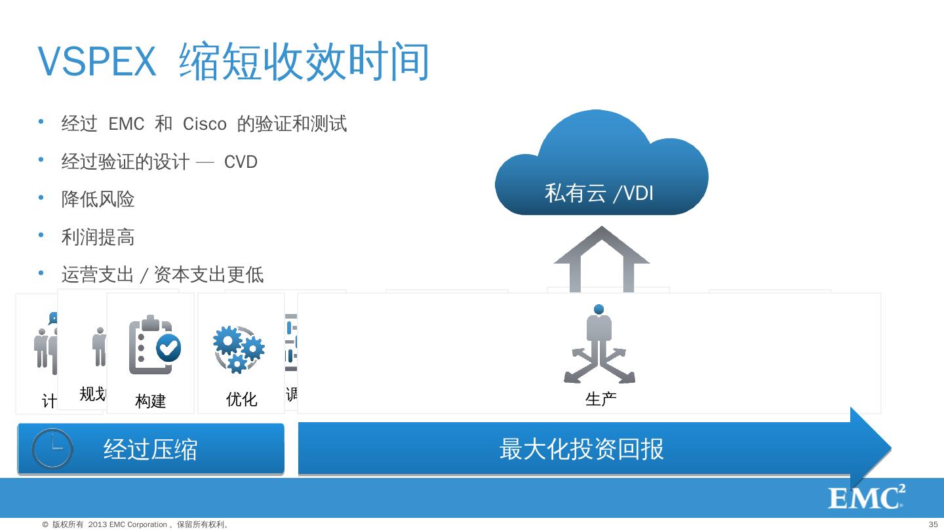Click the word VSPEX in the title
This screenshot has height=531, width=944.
pyautogui.click(x=97, y=62)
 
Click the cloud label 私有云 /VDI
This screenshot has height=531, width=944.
pyautogui.click(x=599, y=193)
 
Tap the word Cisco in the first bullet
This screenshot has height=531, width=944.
pyautogui.click(x=205, y=124)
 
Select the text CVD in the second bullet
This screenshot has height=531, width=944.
pyautogui.click(x=241, y=162)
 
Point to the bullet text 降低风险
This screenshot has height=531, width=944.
pyautogui.click(x=98, y=199)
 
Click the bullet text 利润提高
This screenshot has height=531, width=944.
pyautogui.click(x=98, y=237)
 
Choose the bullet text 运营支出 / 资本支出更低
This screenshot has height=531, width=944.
pyautogui.click(x=162, y=275)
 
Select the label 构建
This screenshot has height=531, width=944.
pyautogui.click(x=151, y=401)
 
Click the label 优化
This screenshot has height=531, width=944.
pyautogui.click(x=241, y=399)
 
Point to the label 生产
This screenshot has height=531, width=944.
pyautogui.click(x=600, y=399)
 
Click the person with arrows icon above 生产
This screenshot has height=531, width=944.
pyautogui.click(x=599, y=345)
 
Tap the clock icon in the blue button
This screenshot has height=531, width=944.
pyautogui.click(x=52, y=448)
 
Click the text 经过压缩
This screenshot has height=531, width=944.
pyautogui.click(x=150, y=450)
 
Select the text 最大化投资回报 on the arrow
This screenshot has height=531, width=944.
pyautogui.click(x=581, y=449)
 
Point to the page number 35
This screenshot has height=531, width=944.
pyautogui.click(x=934, y=524)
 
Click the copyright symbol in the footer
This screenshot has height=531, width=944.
pyautogui.click(x=45, y=524)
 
